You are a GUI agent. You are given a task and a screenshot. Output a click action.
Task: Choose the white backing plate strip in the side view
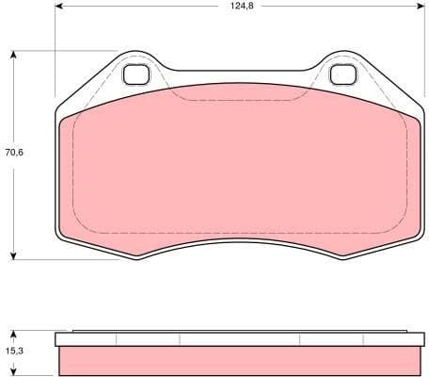coord(240,340)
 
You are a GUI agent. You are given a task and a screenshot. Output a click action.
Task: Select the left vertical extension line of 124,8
coord(56,57)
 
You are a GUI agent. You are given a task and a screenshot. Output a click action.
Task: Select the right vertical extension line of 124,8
coord(422,57)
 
